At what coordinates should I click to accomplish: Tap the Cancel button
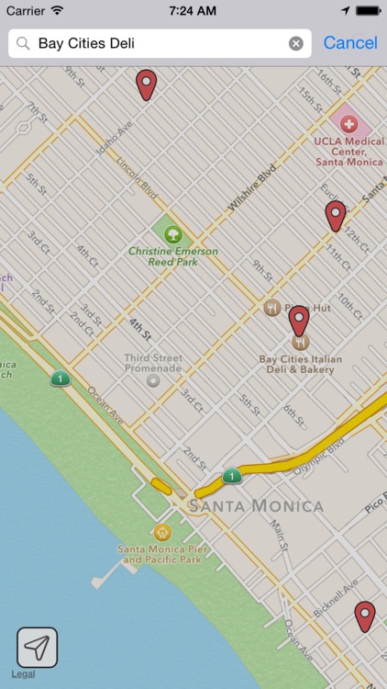tap(349, 43)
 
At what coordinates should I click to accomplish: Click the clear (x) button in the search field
tap(295, 43)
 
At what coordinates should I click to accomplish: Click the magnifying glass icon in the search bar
tap(23, 43)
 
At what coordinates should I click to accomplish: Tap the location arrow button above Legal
tap(37, 647)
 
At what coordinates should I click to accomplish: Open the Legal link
tap(23, 674)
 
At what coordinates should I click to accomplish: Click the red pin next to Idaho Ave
tap(146, 85)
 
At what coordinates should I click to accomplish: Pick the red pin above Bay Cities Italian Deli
tap(299, 320)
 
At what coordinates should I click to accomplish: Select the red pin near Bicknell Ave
tap(365, 616)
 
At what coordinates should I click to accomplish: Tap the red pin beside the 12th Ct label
tap(336, 216)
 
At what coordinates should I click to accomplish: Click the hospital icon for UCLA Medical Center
tap(348, 123)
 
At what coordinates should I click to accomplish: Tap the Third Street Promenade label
tap(153, 363)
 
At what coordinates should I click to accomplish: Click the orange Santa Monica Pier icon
tap(162, 532)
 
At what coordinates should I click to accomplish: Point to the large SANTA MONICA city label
tap(256, 506)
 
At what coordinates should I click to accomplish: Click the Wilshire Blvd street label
tap(251, 188)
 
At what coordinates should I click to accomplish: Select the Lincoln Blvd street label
tap(137, 177)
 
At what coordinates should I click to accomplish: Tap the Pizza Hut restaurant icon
tap(271, 308)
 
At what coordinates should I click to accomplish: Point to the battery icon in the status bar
tap(369, 10)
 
